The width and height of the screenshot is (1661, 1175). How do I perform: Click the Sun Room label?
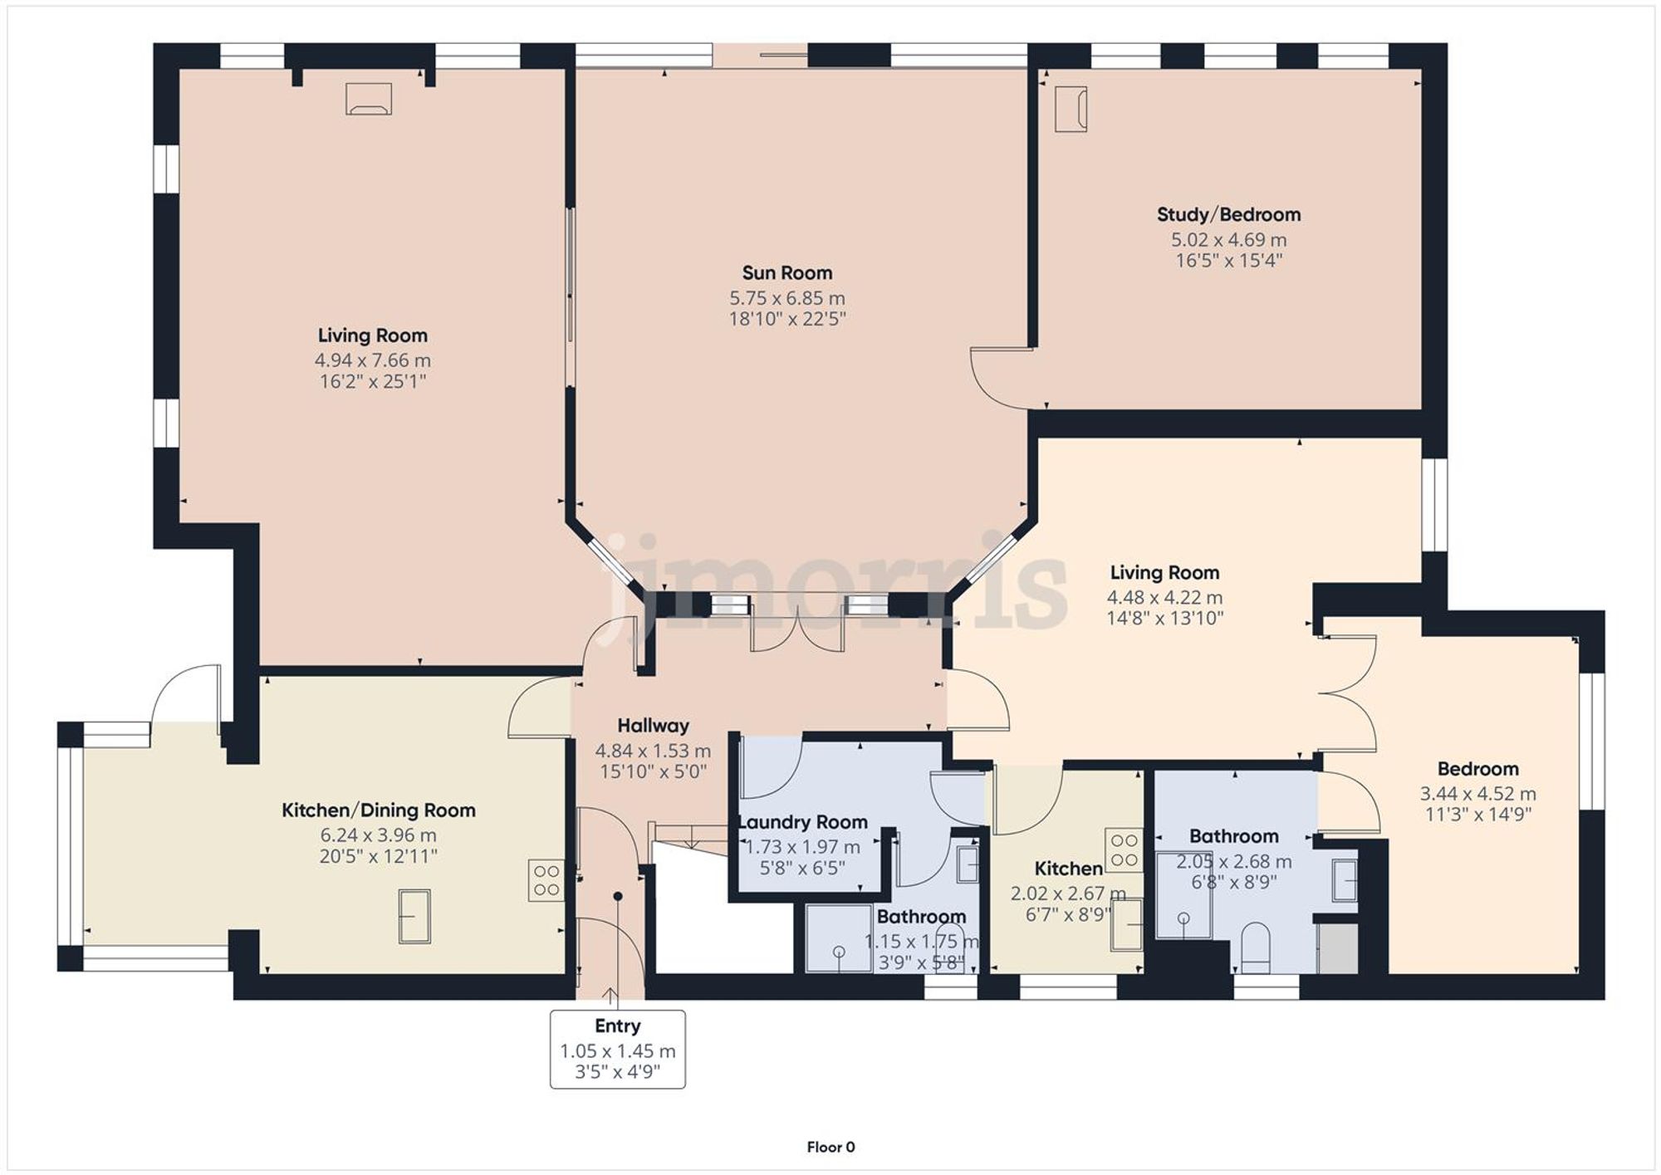point(786,273)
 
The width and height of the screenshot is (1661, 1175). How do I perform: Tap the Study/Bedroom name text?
point(1228,215)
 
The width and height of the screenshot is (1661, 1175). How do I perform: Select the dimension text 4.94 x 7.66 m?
point(372,360)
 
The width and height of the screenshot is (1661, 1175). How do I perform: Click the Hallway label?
point(653,726)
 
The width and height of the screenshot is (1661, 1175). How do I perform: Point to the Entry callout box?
point(617,1049)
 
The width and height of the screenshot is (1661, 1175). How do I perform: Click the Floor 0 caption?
point(830,1147)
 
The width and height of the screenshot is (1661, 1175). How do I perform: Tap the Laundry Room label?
point(803,822)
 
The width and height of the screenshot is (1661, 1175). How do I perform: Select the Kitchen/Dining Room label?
point(378,810)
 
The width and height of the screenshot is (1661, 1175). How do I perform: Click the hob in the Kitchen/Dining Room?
point(546,880)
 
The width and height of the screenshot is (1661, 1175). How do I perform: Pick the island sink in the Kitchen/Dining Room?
point(414,915)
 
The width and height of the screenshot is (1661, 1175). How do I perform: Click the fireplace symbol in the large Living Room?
point(369,99)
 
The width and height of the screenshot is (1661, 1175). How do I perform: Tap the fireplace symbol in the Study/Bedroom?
point(1071,109)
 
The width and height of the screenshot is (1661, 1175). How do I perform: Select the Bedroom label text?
point(1477,769)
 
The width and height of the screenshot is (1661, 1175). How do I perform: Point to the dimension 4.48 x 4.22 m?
point(1164,597)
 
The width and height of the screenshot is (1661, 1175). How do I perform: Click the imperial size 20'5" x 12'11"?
point(378,856)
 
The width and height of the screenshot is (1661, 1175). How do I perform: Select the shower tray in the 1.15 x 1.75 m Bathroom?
point(838,938)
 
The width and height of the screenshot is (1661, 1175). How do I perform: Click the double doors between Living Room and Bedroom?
point(1347,694)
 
